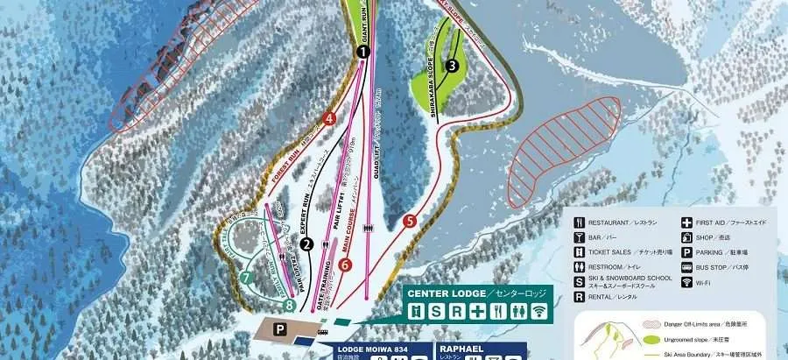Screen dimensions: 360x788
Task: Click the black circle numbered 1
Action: point(362,53)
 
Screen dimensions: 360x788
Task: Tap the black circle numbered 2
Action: point(306,245)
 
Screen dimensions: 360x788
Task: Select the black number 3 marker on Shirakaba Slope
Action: point(452,65)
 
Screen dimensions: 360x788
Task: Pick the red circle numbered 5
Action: point(410,222)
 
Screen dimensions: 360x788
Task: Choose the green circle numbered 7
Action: point(246,278)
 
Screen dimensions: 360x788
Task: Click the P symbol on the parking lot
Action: point(279,328)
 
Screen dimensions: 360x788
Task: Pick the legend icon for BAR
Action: point(580,236)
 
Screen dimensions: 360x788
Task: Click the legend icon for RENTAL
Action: point(580,297)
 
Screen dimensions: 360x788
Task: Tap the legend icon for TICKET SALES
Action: point(580,251)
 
